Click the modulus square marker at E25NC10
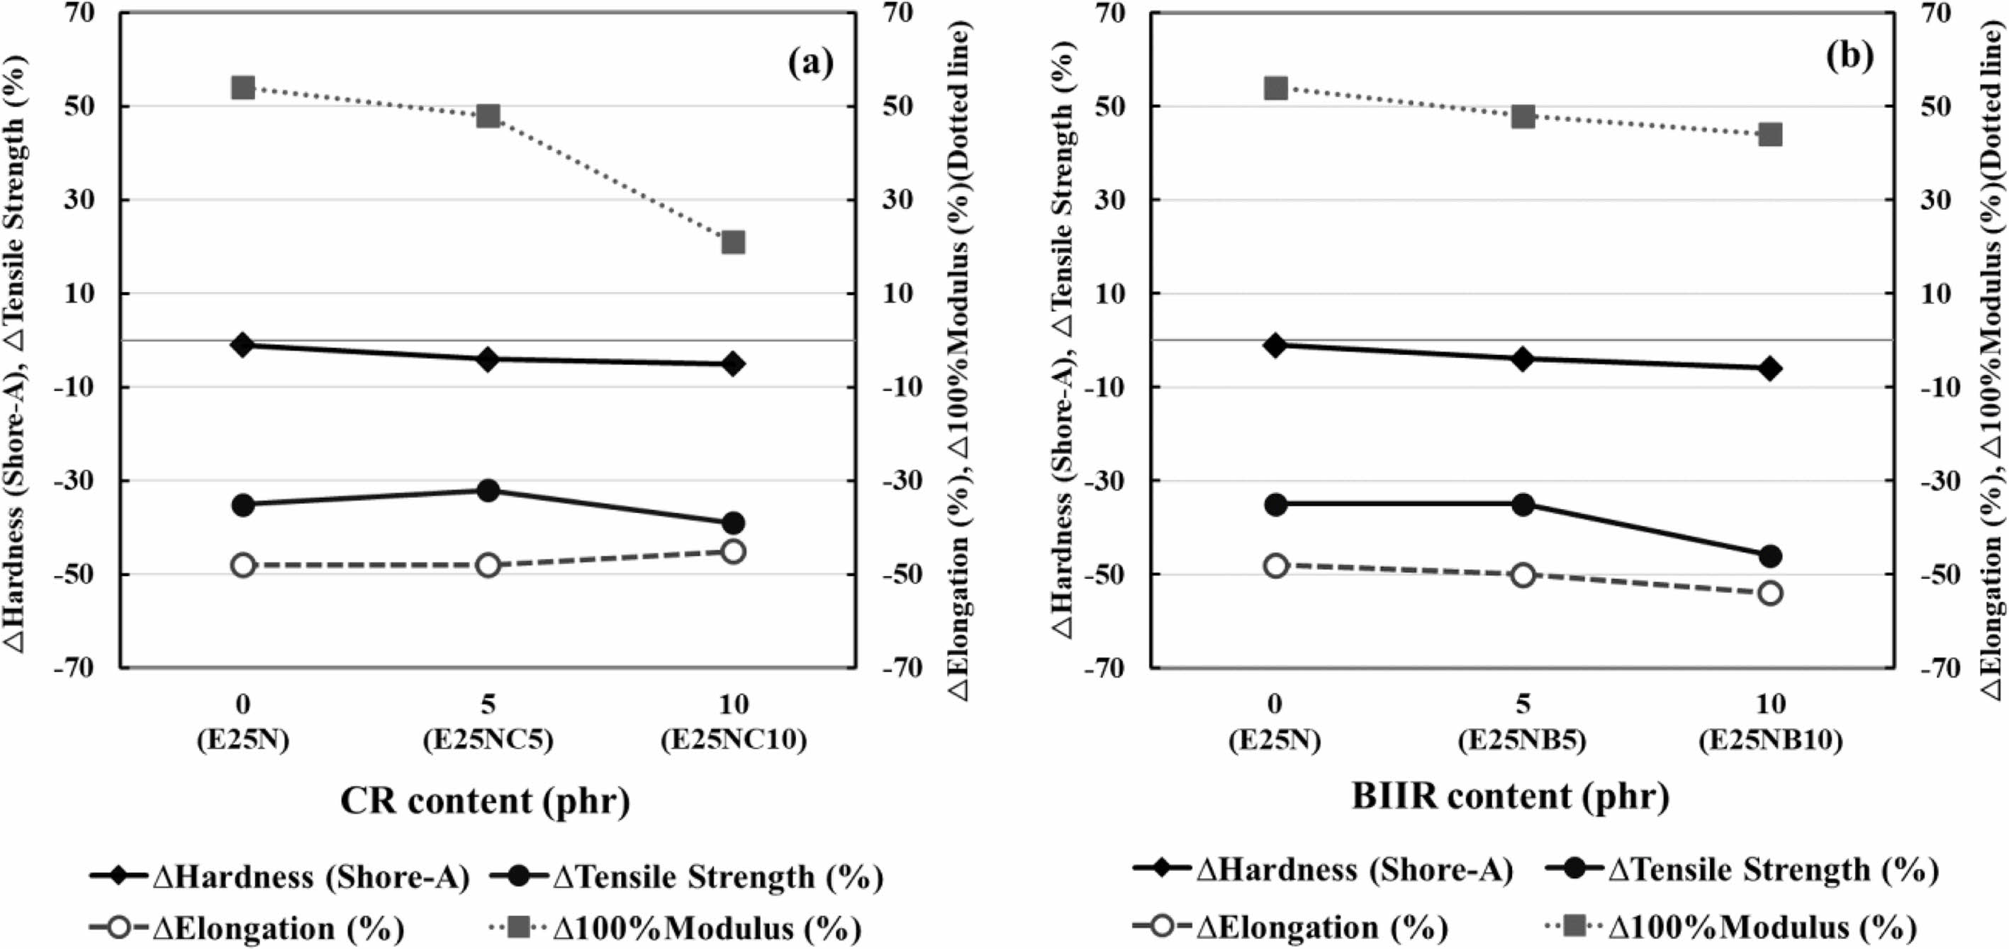pyautogui.click(x=733, y=242)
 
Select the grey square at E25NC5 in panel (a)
pyautogui.click(x=488, y=116)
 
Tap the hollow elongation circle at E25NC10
pyautogui.click(x=733, y=551)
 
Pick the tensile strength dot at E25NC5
pyautogui.click(x=488, y=490)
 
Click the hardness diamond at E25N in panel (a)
pyautogui.click(x=242, y=344)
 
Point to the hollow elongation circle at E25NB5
pyautogui.click(x=1523, y=575)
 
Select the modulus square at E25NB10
pyautogui.click(x=1770, y=135)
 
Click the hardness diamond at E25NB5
pyautogui.click(x=1523, y=359)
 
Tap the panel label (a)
pyautogui.click(x=810, y=62)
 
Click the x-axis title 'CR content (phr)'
pyautogui.click(x=485, y=801)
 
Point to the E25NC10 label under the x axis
pyautogui.click(x=733, y=740)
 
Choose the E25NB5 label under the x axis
pyautogui.click(x=1523, y=740)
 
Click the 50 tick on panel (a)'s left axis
pyautogui.click(x=91, y=106)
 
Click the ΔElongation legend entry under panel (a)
pyautogui.click(x=248, y=928)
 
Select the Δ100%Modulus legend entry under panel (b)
pyautogui.click(x=1730, y=926)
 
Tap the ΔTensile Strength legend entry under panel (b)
pyautogui.click(x=1741, y=870)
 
